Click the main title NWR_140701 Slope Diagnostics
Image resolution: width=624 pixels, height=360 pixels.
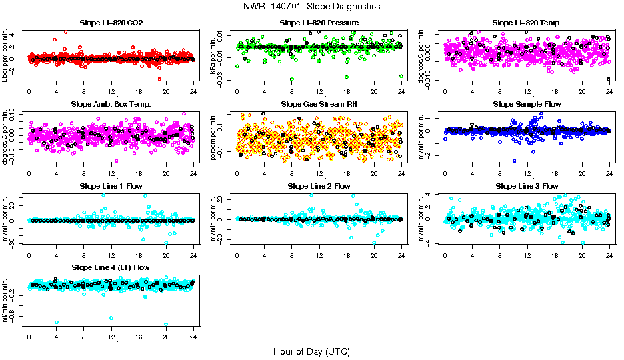[x=312, y=6]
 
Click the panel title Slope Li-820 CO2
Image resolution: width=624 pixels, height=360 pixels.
[x=111, y=23]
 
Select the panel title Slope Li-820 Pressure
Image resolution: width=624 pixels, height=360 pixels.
[x=319, y=23]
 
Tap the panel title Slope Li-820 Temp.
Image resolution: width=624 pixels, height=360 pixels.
[x=527, y=23]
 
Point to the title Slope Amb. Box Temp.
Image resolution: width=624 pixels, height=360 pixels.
[x=111, y=104]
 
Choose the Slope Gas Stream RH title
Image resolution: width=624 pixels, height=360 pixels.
[x=319, y=104]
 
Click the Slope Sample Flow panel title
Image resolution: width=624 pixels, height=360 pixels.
[x=527, y=104]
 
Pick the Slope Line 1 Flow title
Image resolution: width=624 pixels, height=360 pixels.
[x=111, y=185]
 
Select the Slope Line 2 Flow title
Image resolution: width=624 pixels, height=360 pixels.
[x=319, y=185]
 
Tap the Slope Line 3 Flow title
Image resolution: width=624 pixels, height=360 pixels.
[x=527, y=185]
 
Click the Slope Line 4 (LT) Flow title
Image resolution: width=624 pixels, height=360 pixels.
[x=111, y=267]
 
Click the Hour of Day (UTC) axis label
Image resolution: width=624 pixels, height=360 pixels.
[x=311, y=351]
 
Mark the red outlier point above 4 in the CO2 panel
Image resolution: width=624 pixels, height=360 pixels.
[x=65, y=31]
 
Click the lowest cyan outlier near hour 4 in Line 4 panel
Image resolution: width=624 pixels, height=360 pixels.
[x=57, y=322]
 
